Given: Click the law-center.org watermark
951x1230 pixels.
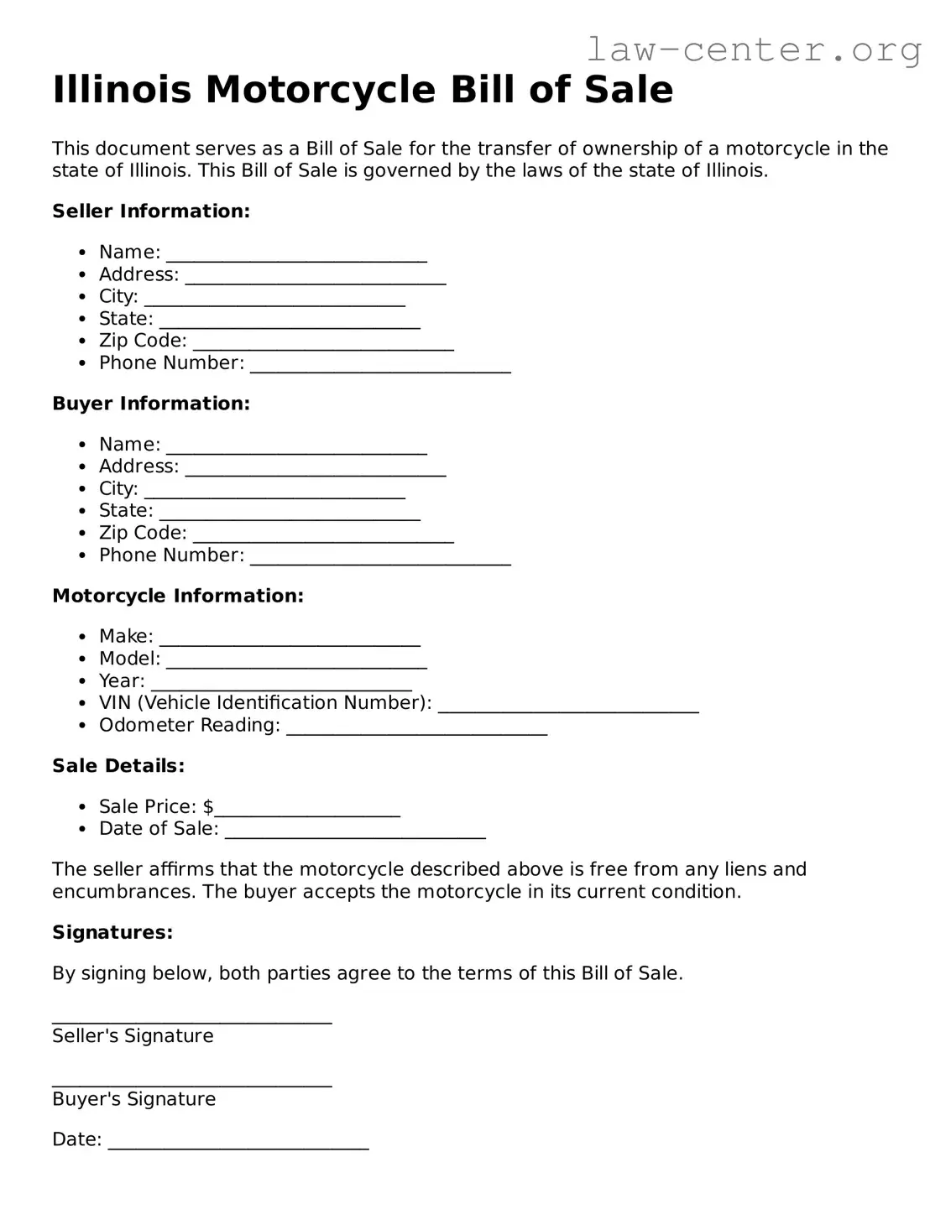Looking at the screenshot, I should point(753,50).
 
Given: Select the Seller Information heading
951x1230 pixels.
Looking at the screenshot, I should point(151,211).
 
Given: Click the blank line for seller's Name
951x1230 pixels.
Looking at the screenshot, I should point(296,255).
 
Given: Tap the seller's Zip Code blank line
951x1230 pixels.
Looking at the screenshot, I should point(323,343).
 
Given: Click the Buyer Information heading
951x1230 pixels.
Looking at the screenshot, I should point(151,404).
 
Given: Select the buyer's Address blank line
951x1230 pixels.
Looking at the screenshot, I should point(315,469).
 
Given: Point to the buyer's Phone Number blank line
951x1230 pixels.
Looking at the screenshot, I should point(380,558).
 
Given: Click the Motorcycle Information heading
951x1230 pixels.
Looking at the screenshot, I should point(178,596).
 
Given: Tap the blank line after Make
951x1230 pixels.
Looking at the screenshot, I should point(290,639).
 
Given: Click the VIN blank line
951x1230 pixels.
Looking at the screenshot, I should point(568,706).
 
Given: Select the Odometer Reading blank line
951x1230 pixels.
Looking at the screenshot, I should point(416,728).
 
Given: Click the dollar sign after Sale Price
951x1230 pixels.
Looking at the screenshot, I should point(208,807).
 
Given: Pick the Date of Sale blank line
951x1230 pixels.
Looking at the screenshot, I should point(355,831).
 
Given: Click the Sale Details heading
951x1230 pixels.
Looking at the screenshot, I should point(118,766).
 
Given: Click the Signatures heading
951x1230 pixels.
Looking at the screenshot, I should point(112,933).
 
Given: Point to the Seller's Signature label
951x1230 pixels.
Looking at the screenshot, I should point(133,1036).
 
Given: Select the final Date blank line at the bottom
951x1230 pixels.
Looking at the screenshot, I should point(238,1143).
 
